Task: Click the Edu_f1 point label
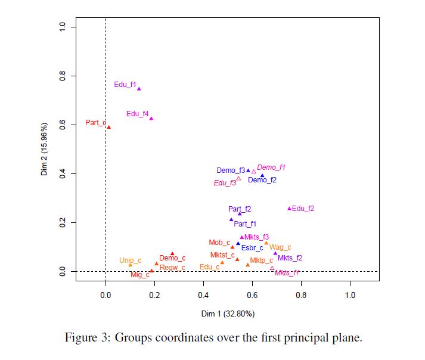(x=125, y=85)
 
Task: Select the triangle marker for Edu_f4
(x=151, y=119)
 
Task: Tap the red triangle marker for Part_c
(x=108, y=127)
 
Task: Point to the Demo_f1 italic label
(x=271, y=167)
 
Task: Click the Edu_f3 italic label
(x=225, y=183)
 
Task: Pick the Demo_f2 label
(x=262, y=179)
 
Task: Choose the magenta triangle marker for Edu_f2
(x=289, y=209)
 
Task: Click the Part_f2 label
(x=240, y=209)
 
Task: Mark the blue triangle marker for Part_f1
(x=231, y=220)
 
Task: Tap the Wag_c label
(x=280, y=247)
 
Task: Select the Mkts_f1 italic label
(x=287, y=273)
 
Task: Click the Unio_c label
(x=131, y=260)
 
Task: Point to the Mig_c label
(x=140, y=275)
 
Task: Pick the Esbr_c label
(x=252, y=247)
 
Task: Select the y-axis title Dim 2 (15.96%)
(x=44, y=149)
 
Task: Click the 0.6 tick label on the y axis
(x=61, y=125)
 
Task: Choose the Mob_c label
(x=219, y=243)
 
